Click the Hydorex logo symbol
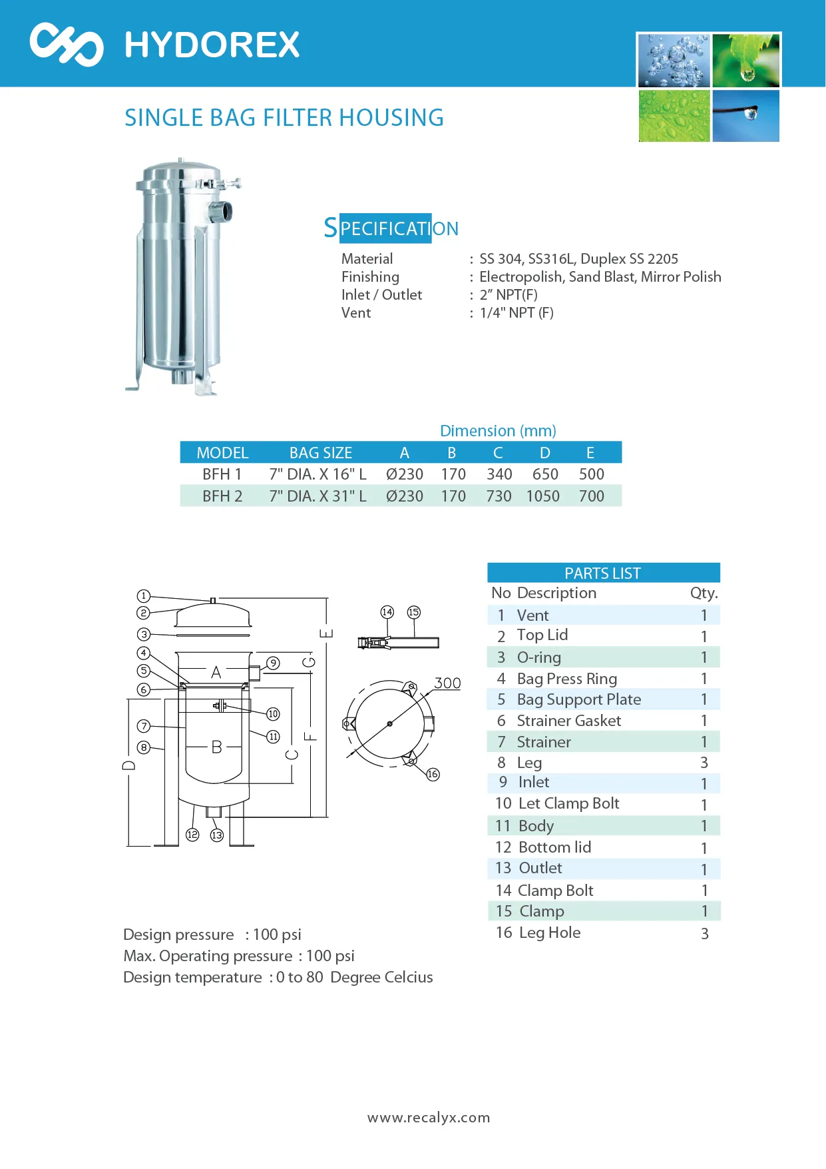coord(67,45)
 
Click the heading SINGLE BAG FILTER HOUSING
coord(284,118)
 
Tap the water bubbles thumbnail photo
coord(674,61)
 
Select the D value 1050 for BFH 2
coord(543,496)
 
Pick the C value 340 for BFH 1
coord(499,474)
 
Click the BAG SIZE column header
coord(321,453)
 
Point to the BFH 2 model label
coord(222,496)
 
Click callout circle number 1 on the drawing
coord(143,595)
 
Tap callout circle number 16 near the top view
coord(433,774)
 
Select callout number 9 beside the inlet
coord(273,663)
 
